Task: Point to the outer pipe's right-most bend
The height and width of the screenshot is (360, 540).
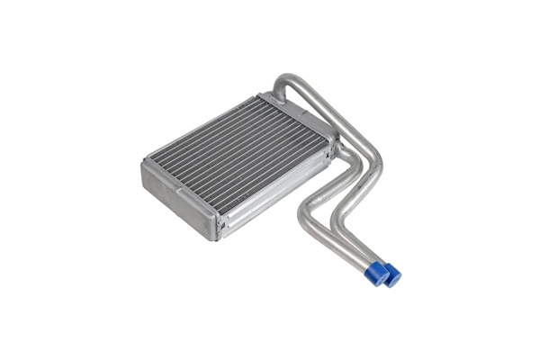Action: click(377, 171)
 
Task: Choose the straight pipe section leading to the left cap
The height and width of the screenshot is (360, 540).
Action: click(342, 247)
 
